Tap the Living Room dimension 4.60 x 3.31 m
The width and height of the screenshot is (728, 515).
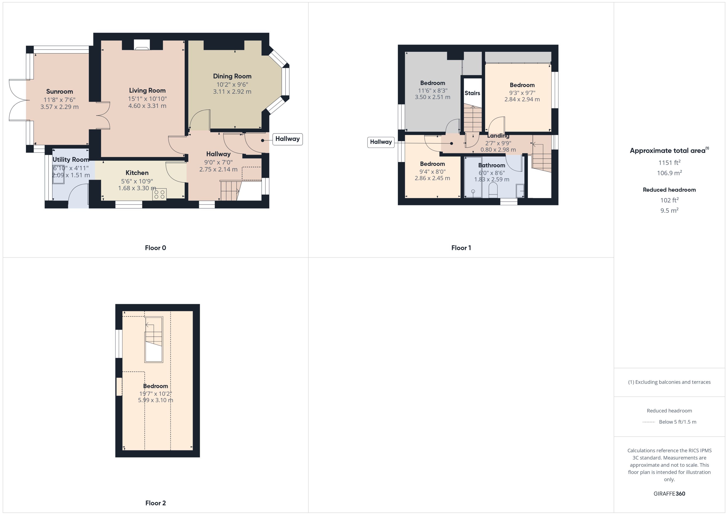(x=147, y=106)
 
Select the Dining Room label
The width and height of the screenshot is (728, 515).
(x=232, y=76)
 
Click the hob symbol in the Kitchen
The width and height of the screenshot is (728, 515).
(x=159, y=194)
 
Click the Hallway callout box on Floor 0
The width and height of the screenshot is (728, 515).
(x=287, y=139)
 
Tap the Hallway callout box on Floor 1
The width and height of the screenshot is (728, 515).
(x=381, y=142)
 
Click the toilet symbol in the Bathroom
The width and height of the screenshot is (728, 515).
(x=493, y=190)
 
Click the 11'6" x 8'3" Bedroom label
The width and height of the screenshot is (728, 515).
(x=432, y=83)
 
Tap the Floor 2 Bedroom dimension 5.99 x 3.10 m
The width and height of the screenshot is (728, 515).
(x=155, y=400)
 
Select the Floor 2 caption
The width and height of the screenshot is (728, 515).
(x=155, y=503)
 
